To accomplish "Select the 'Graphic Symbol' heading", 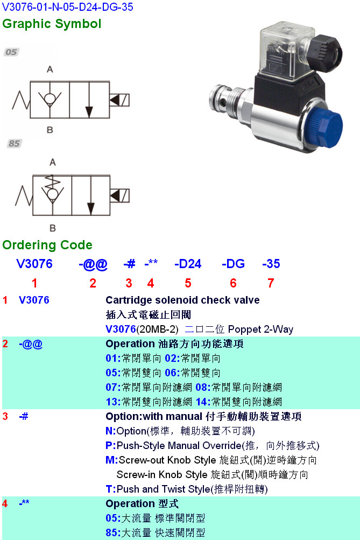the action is pyautogui.click(x=52, y=24).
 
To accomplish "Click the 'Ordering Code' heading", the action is pyautogui.click(x=47, y=245).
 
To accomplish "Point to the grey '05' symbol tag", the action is pyautogui.click(x=11, y=52).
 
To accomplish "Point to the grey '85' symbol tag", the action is pyautogui.click(x=14, y=143).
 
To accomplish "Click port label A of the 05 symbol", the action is pyautogui.click(x=50, y=69).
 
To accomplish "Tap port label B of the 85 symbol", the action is pyautogui.click(x=52, y=228).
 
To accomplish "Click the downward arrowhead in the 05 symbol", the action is pyautogui.click(x=89, y=112).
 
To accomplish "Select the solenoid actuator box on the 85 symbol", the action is pyautogui.click(x=119, y=196).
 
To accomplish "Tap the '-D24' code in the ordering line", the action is pyautogui.click(x=188, y=264).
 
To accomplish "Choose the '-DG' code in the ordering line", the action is pyautogui.click(x=233, y=264).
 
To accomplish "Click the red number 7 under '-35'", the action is pyautogui.click(x=271, y=283).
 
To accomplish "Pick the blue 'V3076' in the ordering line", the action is pyautogui.click(x=34, y=264).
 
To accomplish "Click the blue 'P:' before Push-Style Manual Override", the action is pyautogui.click(x=110, y=445).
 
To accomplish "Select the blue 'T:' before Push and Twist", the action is pyautogui.click(x=110, y=489).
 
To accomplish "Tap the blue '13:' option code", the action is pyautogui.click(x=113, y=402).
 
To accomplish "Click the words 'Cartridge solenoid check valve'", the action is pyautogui.click(x=182, y=300).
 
